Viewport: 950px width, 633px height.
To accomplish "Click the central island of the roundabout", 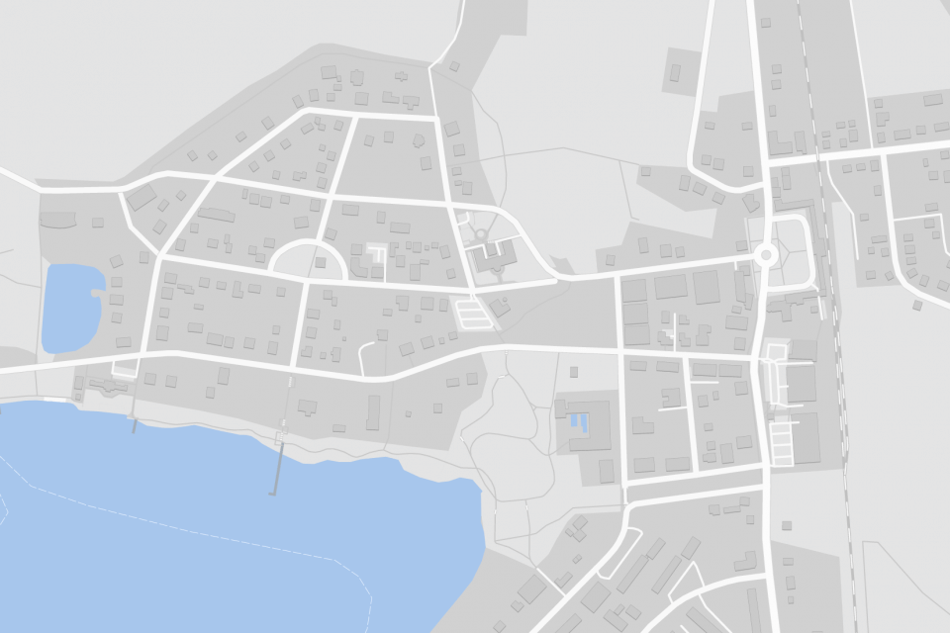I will (x=765, y=255).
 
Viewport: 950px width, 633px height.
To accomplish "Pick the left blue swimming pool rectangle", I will (x=575, y=423).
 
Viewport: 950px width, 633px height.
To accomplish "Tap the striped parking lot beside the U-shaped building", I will (x=472, y=313).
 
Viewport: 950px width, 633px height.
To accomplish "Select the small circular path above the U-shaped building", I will (x=481, y=234).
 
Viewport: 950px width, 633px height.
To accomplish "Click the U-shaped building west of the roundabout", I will (x=492, y=259).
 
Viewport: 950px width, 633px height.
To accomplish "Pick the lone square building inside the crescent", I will (x=320, y=263).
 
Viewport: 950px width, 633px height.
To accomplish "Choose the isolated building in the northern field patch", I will (x=676, y=71).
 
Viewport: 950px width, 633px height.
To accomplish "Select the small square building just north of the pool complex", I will (x=575, y=372).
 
